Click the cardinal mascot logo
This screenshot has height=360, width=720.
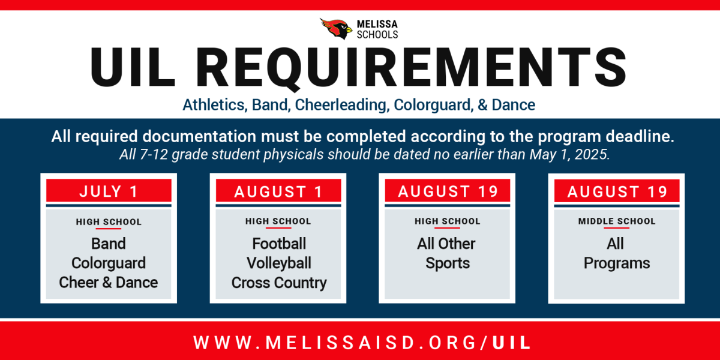pyautogui.click(x=336, y=29)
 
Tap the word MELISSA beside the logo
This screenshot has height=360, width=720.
pyautogui.click(x=377, y=24)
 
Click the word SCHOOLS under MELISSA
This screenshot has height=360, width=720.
pyautogui.click(x=377, y=35)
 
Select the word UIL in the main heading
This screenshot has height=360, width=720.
pyautogui.click(x=133, y=67)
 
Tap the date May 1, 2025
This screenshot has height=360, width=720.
pyautogui.click(x=569, y=155)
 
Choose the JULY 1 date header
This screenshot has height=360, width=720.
pyautogui.click(x=109, y=191)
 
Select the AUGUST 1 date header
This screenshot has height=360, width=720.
pyautogui.click(x=278, y=192)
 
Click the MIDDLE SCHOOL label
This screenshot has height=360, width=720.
pyautogui.click(x=617, y=221)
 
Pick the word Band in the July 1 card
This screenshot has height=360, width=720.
pyautogui.click(x=109, y=244)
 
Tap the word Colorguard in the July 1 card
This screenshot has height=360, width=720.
pyautogui.click(x=109, y=263)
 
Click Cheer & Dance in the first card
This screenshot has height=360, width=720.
pyautogui.click(x=109, y=283)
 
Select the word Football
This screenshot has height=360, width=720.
pyautogui.click(x=278, y=244)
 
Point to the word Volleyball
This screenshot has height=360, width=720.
pyautogui.click(x=278, y=263)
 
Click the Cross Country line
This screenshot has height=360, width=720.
pyautogui.click(x=278, y=283)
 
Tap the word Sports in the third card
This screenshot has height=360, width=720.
pyautogui.click(x=448, y=263)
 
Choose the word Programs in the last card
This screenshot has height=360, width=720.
pyautogui.click(x=617, y=263)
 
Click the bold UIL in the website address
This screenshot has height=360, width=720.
pyautogui.click(x=511, y=343)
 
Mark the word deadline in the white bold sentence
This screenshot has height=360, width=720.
pyautogui.click(x=640, y=136)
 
